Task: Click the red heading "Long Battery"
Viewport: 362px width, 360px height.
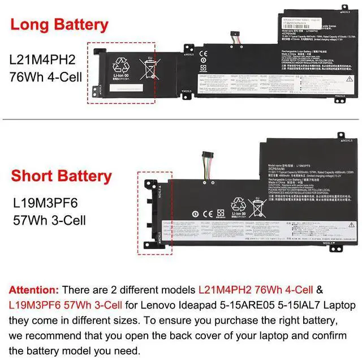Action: pyautogui.click(x=59, y=25)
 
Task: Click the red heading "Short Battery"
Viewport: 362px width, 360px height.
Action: pyautogui.click(x=62, y=176)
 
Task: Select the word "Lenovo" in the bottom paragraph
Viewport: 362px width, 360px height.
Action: pyautogui.click(x=157, y=305)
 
